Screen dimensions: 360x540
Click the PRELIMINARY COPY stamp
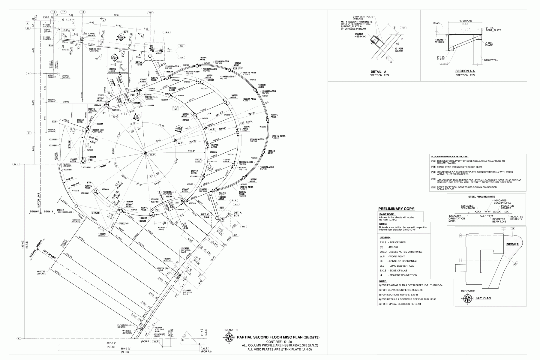[396, 209]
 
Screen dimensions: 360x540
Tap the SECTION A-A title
[465, 71]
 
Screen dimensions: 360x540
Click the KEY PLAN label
[483, 298]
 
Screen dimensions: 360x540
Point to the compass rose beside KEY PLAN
[467, 298]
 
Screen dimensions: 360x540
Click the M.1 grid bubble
[16, 164]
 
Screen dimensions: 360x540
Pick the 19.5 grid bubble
[166, 32]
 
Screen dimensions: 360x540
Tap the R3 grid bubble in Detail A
[403, 28]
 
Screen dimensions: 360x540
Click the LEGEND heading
[385, 237]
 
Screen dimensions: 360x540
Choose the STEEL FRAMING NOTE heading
[482, 197]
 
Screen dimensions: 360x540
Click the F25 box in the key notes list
[433, 187]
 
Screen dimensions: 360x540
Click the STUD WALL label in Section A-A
[491, 60]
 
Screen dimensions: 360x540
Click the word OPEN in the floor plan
[103, 166]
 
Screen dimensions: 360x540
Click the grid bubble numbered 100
[181, 46]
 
